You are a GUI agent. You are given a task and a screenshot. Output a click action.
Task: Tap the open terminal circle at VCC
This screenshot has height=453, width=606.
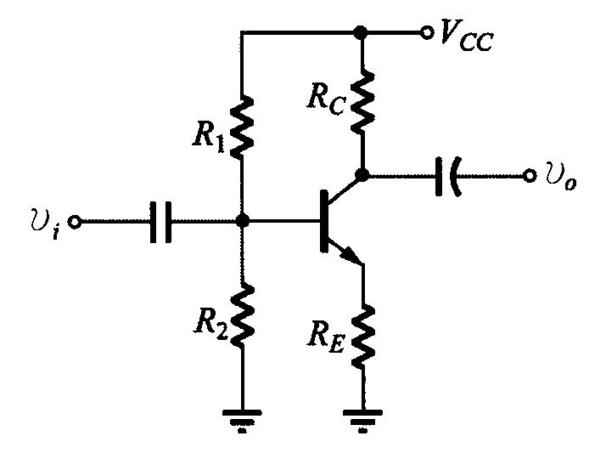[427, 32]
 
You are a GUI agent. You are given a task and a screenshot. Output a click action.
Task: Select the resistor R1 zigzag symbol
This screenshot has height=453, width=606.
[242, 127]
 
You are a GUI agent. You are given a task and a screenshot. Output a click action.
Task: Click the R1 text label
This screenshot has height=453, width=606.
[209, 136]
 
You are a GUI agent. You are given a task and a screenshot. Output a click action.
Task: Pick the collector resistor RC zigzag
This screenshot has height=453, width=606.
[362, 102]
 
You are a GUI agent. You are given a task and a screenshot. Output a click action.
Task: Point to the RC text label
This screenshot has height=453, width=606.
[326, 99]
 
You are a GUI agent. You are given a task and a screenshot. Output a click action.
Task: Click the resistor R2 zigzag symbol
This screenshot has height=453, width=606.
[243, 315]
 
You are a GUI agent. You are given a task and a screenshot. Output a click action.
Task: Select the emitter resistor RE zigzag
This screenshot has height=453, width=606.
[363, 335]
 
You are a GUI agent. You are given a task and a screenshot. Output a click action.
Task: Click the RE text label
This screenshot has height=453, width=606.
[326, 335]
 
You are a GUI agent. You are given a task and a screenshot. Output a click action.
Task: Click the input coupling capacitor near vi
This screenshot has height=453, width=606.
[160, 222]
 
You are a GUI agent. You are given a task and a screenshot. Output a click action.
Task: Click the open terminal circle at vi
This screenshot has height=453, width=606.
[75, 222]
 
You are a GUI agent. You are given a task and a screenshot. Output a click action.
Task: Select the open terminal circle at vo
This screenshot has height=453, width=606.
[530, 176]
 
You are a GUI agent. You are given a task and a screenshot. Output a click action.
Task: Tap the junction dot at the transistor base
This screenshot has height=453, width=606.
[243, 221]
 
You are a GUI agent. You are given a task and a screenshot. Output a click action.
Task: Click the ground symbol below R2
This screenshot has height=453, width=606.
[242, 421]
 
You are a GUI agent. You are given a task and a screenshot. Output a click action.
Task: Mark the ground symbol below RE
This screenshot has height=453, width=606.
[363, 421]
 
